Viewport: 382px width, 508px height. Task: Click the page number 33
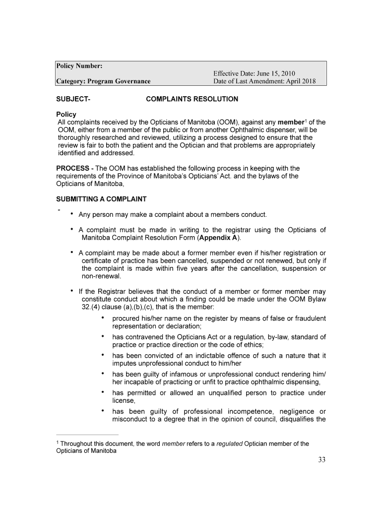point(321,460)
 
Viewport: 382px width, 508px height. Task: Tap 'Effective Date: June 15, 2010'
point(254,74)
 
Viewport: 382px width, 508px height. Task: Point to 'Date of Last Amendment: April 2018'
point(264,81)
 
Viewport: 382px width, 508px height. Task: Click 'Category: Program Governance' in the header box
point(103,81)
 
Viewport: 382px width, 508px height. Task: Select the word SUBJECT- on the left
point(73,99)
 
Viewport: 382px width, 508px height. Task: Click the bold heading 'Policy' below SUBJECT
point(66,115)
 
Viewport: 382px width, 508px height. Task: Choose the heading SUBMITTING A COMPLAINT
point(101,199)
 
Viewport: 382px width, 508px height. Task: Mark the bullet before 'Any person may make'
point(72,214)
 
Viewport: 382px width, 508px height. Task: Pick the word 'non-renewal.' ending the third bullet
point(102,276)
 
